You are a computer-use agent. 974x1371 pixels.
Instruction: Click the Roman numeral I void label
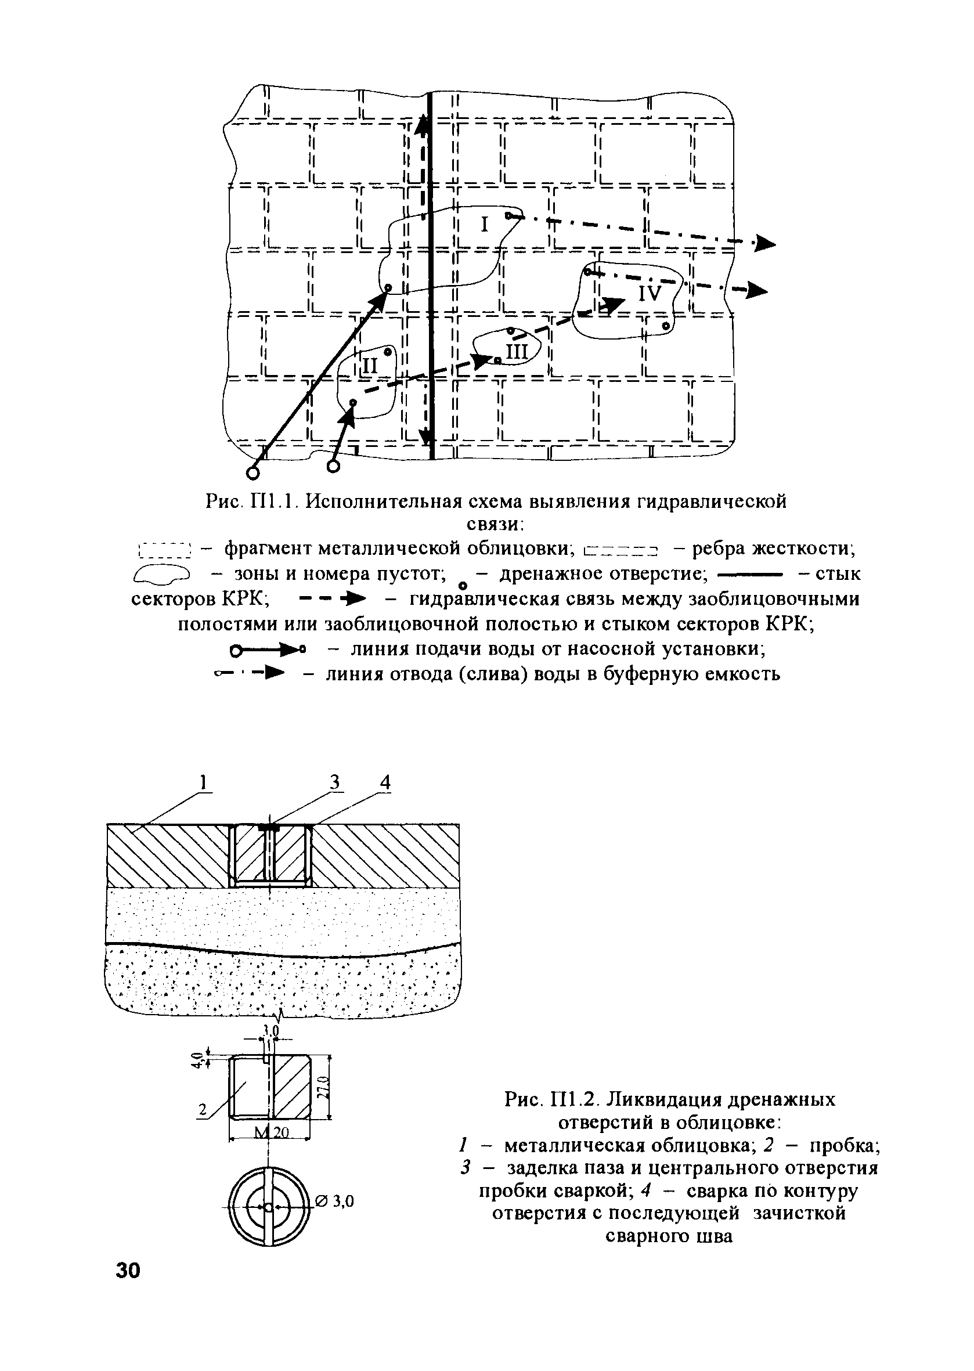(x=484, y=225)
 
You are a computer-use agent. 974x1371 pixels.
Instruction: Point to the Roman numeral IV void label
(x=650, y=293)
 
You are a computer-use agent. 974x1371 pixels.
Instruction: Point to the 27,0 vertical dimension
(x=323, y=1086)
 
